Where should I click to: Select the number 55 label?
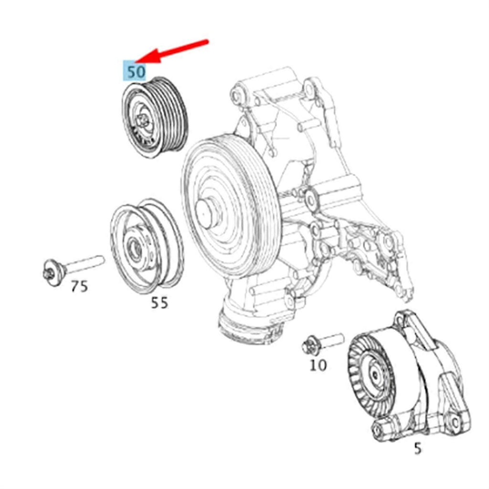(159, 302)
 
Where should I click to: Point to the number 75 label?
(80, 286)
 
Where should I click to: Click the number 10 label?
(318, 365)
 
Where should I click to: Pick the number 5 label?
(417, 448)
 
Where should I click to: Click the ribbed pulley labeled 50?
(155, 117)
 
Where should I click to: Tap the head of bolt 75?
(52, 272)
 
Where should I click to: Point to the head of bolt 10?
(310, 345)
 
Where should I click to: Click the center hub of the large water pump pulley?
(206, 213)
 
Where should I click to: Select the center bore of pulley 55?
(135, 247)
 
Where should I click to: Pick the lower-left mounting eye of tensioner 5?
(379, 431)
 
